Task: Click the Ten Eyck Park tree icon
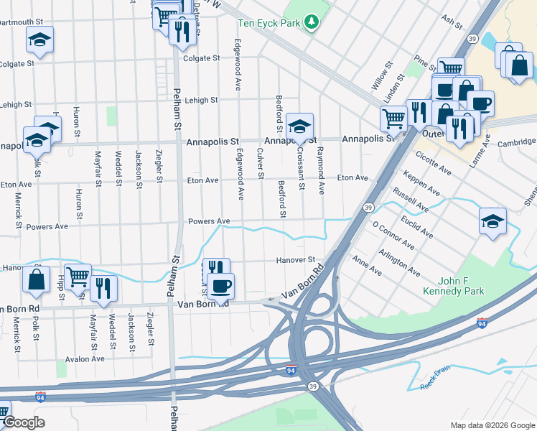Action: click(x=311, y=23)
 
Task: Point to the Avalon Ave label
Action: click(x=85, y=359)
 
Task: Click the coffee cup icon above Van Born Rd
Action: click(x=220, y=286)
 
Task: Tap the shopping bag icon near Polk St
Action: click(x=36, y=279)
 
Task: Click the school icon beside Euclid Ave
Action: click(x=493, y=222)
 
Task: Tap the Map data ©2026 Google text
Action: click(x=492, y=425)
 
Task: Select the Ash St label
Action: click(x=452, y=23)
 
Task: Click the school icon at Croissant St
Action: click(x=299, y=127)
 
